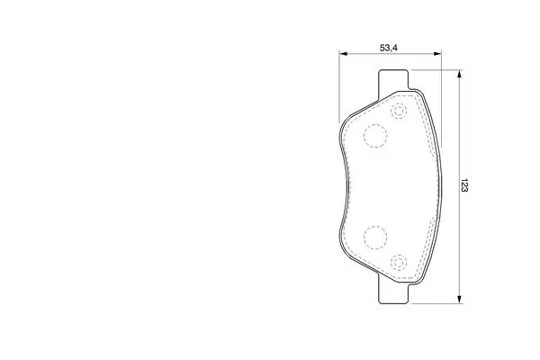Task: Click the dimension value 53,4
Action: coord(389,48)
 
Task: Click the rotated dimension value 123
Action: coord(464,185)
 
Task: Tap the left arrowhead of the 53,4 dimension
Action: coord(344,54)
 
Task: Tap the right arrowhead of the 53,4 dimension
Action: coord(437,54)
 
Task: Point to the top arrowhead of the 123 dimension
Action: coord(459,74)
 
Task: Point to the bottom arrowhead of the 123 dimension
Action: coord(459,300)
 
